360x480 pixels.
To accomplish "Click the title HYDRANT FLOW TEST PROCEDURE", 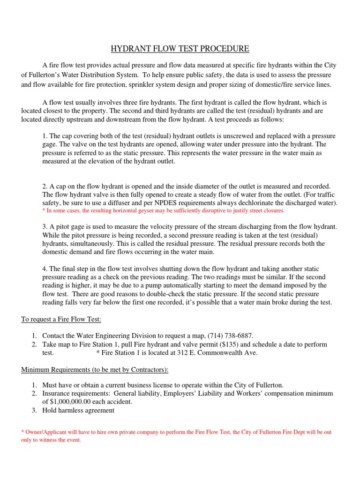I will coord(180,49).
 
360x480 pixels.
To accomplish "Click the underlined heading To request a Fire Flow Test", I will coord(61,319).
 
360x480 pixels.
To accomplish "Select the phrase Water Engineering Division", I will coord(111,336).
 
